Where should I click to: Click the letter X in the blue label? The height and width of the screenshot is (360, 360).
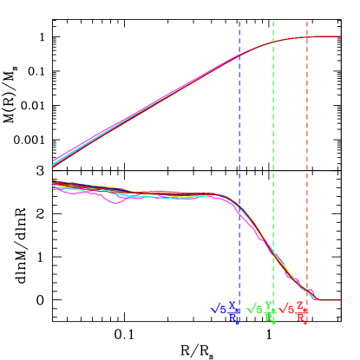232,306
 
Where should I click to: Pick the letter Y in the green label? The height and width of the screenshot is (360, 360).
269,306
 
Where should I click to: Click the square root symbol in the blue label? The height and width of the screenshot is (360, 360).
213,309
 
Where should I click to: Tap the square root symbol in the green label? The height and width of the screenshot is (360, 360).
250,309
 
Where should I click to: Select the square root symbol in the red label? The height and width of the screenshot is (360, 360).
282,309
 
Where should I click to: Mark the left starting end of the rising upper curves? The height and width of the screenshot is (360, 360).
53,162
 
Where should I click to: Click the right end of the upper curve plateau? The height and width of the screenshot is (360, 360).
340,36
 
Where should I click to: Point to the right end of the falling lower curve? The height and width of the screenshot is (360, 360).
340,301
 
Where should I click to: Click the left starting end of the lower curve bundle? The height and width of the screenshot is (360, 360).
54,184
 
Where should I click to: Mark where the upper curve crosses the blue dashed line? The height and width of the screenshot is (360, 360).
239,56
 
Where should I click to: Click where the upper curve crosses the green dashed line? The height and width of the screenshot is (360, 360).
273,43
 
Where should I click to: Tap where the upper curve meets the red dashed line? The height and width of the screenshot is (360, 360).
307,36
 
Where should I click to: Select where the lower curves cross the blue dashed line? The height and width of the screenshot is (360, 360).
239,212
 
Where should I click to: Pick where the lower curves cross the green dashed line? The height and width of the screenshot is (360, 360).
273,255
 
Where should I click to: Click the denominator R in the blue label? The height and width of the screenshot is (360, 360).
233,318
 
